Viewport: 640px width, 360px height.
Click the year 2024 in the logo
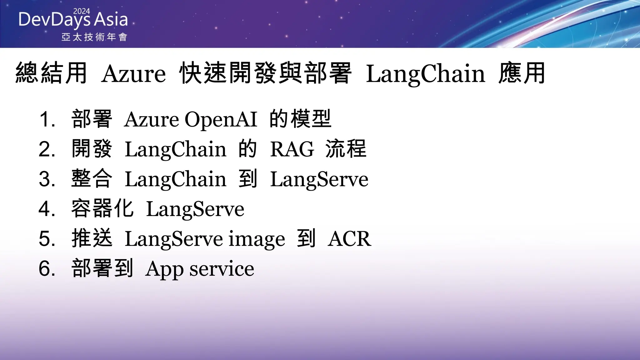pyautogui.click(x=81, y=11)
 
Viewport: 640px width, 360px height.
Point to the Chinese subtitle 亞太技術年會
pyautogui.click(x=94, y=37)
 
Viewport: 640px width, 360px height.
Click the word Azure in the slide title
pyautogui.click(x=133, y=74)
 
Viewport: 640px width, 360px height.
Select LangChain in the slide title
pyautogui.click(x=425, y=74)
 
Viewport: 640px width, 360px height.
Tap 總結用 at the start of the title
pyautogui.click(x=51, y=73)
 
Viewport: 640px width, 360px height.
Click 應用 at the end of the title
pyautogui.click(x=522, y=73)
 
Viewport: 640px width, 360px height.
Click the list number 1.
pyautogui.click(x=46, y=119)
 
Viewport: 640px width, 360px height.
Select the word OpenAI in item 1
pyautogui.click(x=221, y=119)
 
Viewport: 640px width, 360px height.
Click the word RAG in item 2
pyautogui.click(x=292, y=149)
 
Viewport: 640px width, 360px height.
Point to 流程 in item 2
pyautogui.click(x=346, y=149)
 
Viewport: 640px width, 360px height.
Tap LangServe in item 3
pyautogui.click(x=319, y=179)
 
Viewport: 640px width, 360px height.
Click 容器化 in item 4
pyautogui.click(x=102, y=208)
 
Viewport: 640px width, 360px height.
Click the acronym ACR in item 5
pyautogui.click(x=349, y=239)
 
